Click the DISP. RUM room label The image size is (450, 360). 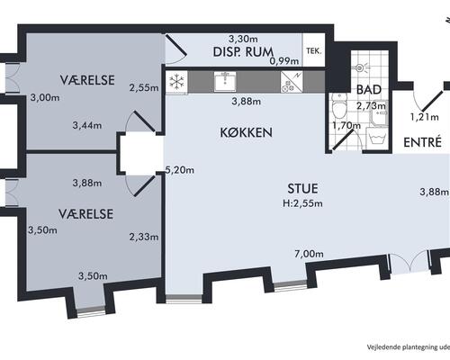tap(243, 52)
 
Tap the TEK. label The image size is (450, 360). tap(314, 51)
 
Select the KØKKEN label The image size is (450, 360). tap(246, 132)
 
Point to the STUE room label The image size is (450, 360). tap(302, 188)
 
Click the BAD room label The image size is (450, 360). tap(369, 90)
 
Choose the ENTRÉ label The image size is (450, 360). tap(422, 142)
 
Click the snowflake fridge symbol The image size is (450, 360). tap(176, 82)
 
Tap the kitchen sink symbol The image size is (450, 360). tap(225, 81)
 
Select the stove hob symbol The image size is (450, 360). tap(292, 82)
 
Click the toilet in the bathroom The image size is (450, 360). tap(339, 105)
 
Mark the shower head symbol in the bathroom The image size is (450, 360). tap(360, 68)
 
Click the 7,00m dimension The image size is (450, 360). tap(309, 254)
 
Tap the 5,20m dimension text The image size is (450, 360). tap(180, 170)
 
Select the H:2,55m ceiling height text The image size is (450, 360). tap(302, 203)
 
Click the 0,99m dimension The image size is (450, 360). tap(284, 61)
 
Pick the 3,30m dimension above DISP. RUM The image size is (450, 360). tap(243, 39)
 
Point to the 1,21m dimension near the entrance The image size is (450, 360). tap(424, 117)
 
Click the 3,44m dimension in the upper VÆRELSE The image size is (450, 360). tap(87, 125)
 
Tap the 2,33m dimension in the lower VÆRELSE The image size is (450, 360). tap(144, 237)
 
